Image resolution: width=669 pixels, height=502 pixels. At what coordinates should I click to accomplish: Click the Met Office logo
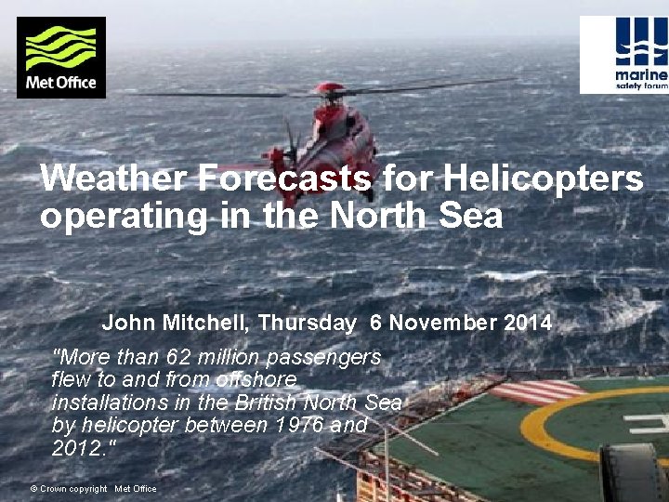point(61,58)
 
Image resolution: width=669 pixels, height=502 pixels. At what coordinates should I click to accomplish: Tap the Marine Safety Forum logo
point(624,55)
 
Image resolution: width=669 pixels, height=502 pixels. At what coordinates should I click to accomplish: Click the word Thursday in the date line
point(307,324)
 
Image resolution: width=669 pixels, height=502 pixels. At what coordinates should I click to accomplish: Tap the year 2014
point(528,324)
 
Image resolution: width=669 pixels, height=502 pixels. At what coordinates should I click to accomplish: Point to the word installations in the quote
point(102,403)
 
